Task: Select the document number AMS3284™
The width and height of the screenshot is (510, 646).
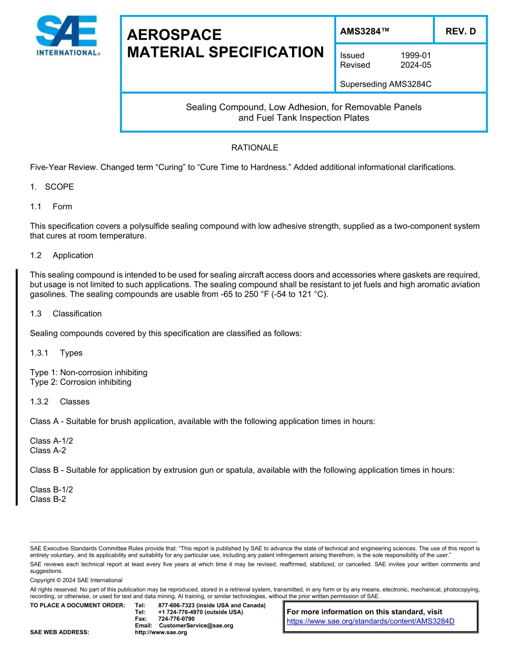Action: click(x=364, y=32)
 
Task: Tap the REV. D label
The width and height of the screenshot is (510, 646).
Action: click(x=460, y=32)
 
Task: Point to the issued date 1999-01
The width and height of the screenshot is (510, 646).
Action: click(x=416, y=55)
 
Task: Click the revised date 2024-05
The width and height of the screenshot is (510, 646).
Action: click(x=416, y=65)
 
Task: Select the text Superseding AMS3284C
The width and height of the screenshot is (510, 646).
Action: click(x=385, y=84)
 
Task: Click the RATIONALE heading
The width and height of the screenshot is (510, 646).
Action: click(x=254, y=148)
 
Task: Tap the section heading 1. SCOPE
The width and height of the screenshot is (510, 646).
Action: click(x=52, y=187)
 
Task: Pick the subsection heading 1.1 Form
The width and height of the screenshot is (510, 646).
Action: click(x=51, y=207)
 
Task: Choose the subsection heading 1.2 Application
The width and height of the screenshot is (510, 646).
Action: click(x=62, y=255)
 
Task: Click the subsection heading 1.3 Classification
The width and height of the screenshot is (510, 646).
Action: click(x=65, y=314)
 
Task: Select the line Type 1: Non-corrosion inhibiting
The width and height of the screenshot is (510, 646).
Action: click(x=89, y=372)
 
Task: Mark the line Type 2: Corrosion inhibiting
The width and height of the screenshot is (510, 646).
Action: click(x=81, y=382)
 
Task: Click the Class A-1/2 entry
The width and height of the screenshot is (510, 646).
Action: click(x=52, y=441)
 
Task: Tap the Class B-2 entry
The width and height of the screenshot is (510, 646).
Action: click(x=48, y=499)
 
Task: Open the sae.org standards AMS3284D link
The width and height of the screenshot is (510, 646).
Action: click(x=370, y=621)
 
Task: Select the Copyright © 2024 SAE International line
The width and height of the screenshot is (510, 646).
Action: click(x=76, y=580)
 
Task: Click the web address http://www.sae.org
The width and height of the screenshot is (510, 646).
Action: click(x=161, y=633)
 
